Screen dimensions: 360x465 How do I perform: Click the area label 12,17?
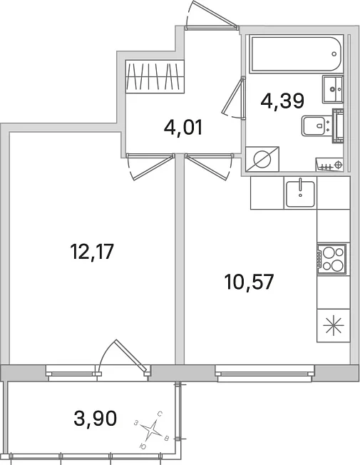click(x=92, y=252)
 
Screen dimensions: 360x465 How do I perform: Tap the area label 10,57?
click(x=249, y=282)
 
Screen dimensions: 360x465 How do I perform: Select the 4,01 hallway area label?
click(x=183, y=128)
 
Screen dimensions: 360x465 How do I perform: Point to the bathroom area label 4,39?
click(x=282, y=101)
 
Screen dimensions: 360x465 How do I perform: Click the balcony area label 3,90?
click(x=96, y=419)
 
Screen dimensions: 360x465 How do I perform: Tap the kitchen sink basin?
click(x=300, y=193)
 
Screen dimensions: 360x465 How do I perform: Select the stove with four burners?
click(x=331, y=259)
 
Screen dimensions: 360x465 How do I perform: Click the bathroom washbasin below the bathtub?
click(x=333, y=88)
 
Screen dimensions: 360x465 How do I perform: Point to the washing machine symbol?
click(x=262, y=159)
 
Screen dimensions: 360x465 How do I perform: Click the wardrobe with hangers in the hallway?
click(x=155, y=77)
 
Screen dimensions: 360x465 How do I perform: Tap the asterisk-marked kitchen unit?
click(x=334, y=326)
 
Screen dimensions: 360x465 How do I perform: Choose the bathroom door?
click(x=235, y=98)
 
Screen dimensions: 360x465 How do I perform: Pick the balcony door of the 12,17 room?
click(x=123, y=359)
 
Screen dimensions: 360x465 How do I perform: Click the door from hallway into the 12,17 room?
click(x=150, y=166)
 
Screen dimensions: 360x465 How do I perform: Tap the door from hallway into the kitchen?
click(x=208, y=166)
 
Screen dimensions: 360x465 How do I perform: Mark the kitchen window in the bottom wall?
click(x=264, y=374)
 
